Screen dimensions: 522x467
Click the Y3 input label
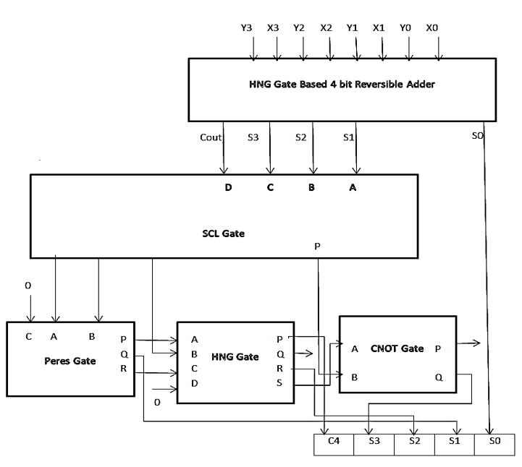(x=246, y=28)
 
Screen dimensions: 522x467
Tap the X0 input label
(x=432, y=28)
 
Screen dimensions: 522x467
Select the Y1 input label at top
(x=352, y=28)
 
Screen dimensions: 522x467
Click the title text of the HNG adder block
(x=342, y=85)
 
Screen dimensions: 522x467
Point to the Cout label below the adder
(x=211, y=137)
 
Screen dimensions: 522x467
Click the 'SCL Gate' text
(x=224, y=233)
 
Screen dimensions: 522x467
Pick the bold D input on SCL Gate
(x=228, y=187)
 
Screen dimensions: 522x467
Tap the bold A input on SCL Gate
(x=353, y=187)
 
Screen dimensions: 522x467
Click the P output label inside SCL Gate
(x=317, y=247)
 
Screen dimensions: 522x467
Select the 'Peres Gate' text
(x=70, y=361)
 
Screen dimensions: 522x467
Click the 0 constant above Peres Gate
(x=28, y=286)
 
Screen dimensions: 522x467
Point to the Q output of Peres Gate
(x=125, y=354)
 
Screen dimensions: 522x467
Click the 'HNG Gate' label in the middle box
(x=235, y=357)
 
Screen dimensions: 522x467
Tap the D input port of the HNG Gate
(x=195, y=383)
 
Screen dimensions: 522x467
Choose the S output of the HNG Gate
(x=279, y=383)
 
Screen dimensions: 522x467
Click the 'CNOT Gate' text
(x=397, y=348)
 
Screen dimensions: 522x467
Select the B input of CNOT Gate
(x=355, y=377)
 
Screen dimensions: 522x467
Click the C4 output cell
(x=334, y=445)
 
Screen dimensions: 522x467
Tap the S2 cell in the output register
(x=414, y=445)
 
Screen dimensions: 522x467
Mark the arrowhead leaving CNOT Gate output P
(x=477, y=343)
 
